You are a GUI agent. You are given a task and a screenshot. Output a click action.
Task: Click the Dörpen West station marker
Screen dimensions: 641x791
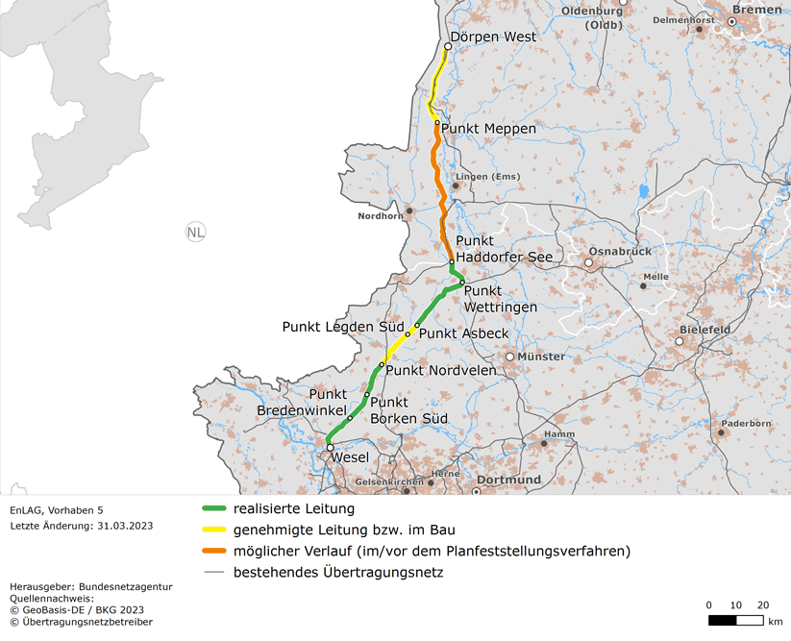(448, 46)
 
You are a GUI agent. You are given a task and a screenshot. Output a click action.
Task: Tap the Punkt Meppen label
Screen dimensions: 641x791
(488, 129)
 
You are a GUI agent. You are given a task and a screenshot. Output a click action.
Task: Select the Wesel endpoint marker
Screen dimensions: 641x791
(330, 448)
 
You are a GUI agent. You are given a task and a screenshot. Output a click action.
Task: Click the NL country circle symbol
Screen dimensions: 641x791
(195, 232)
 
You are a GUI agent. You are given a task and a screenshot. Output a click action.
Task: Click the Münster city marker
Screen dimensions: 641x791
(510, 357)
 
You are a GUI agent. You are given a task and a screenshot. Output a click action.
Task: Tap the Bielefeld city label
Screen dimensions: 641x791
(705, 330)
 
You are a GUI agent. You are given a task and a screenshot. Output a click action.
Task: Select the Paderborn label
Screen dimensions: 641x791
(747, 423)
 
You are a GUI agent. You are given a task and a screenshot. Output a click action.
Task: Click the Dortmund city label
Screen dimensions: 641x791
(508, 480)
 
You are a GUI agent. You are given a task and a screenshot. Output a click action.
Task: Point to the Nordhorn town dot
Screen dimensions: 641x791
(409, 210)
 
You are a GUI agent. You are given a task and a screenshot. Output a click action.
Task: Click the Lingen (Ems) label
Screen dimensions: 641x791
(491, 177)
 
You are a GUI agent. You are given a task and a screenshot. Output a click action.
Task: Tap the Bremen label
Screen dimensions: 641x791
(763, 10)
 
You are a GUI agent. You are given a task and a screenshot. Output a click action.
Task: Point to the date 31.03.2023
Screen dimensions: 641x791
(120, 526)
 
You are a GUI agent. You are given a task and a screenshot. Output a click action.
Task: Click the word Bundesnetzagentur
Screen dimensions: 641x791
(126, 586)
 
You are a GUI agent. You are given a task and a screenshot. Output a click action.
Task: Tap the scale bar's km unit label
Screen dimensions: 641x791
(775, 621)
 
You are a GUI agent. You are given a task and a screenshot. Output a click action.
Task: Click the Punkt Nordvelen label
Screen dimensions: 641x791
(440, 371)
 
